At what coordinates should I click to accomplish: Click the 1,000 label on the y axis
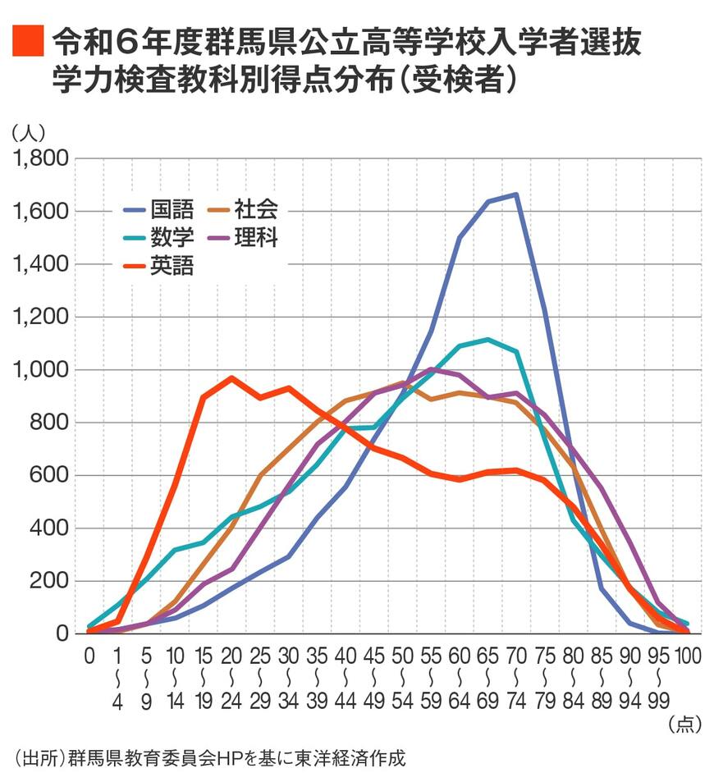tap(37, 370)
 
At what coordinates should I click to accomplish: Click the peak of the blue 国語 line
tap(516, 194)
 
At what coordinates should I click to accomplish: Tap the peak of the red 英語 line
tap(231, 378)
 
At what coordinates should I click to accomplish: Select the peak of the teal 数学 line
tap(487, 339)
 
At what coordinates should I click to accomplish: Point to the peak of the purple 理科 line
tap(431, 369)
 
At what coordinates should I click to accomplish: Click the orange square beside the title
tap(27, 40)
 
